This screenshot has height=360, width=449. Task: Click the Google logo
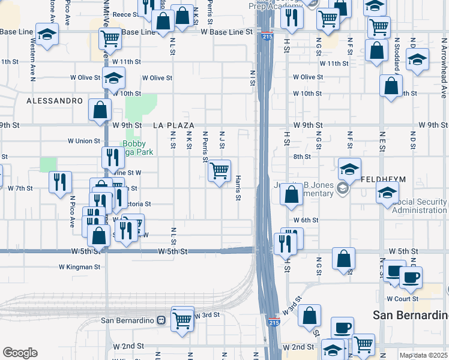[x=20, y=353]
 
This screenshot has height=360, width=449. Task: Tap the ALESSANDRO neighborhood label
[x=54, y=101]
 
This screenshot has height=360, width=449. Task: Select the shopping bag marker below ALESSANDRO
[x=100, y=110]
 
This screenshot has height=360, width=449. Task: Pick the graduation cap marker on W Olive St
[x=112, y=78]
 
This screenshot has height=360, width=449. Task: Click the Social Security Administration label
[x=420, y=206]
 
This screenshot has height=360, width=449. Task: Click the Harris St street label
[x=238, y=188]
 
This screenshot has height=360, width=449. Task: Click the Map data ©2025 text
[x=424, y=355]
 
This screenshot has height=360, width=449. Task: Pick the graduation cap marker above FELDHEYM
[x=349, y=170]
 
